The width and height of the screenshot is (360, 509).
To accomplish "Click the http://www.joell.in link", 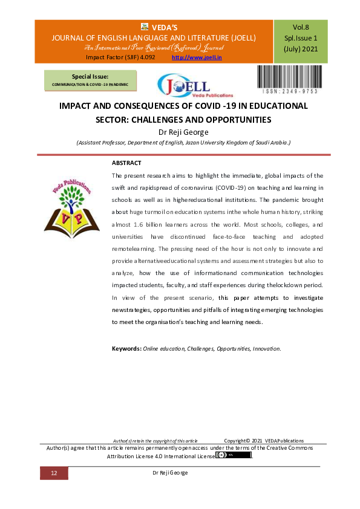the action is click(197, 57).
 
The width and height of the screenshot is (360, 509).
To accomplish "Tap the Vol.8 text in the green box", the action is click(301, 27).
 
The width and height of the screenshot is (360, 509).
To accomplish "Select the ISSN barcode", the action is click(289, 79).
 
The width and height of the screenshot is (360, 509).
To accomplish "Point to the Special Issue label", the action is click(90, 77).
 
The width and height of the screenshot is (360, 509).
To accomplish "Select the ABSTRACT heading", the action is click(126, 163).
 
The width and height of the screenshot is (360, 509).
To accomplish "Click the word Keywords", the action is click(126, 349).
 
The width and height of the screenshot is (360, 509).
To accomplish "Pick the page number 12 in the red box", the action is click(54, 473).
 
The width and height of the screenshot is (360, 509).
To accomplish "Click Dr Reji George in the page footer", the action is click(170, 473).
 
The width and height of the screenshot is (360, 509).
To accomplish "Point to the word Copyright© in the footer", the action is click(237, 441).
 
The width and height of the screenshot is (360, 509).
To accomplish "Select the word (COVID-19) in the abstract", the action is click(220, 187).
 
